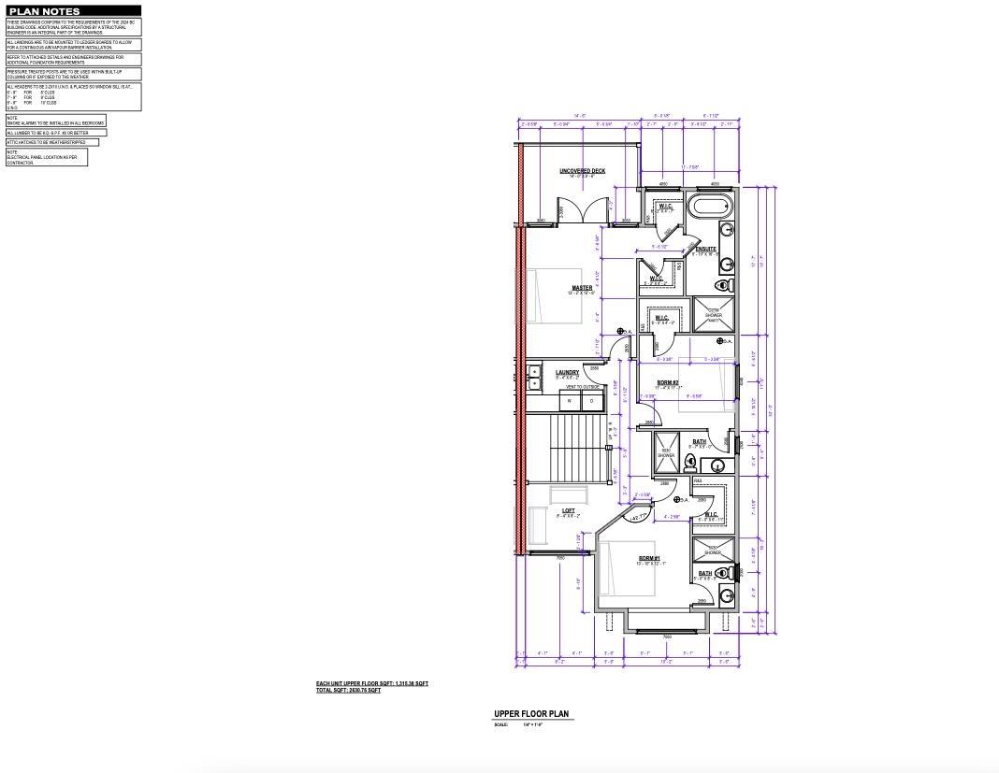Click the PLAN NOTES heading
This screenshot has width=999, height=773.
click(44, 11)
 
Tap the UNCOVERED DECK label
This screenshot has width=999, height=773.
click(583, 171)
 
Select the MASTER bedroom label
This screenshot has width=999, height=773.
click(582, 288)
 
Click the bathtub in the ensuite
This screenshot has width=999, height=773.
click(710, 206)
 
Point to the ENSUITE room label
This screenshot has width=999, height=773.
click(705, 250)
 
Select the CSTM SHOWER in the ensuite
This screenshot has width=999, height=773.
click(714, 314)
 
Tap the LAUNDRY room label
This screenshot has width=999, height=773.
click(567, 373)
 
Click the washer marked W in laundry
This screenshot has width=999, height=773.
click(570, 401)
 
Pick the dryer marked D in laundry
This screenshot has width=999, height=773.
click(591, 401)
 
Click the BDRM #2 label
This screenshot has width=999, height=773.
click(667, 382)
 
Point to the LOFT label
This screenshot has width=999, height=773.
click(568, 510)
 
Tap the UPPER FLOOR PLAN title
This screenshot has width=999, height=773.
click(531, 714)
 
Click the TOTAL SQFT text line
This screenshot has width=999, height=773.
click(348, 691)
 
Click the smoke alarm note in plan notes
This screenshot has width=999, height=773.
click(55, 121)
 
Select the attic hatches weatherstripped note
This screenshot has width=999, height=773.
click(51, 142)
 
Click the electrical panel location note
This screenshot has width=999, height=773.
click(46, 157)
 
